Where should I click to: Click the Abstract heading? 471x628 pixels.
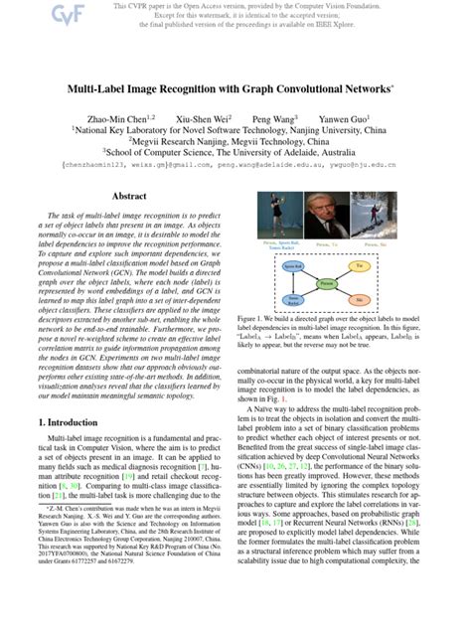point(130,197)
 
